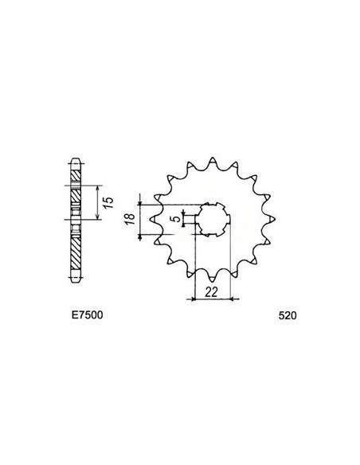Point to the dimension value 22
tap(211, 291)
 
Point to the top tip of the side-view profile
tap(76, 155)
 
